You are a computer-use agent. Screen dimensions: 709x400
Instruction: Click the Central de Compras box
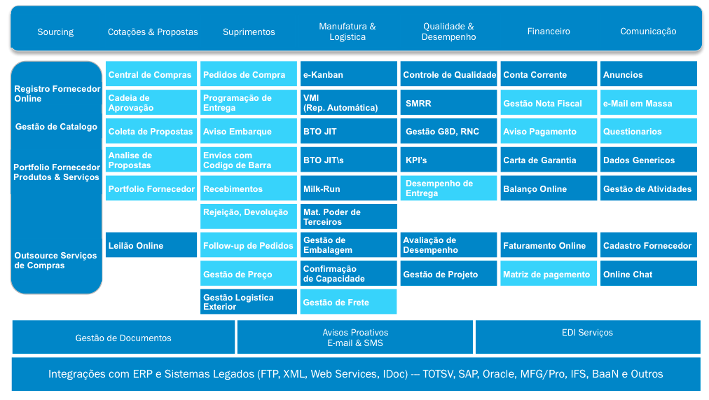[x=151, y=74]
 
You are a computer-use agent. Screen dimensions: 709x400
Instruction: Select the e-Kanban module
[x=349, y=74]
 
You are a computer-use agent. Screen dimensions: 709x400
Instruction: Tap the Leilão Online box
[x=151, y=245]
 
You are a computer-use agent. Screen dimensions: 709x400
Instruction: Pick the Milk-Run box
[x=349, y=188]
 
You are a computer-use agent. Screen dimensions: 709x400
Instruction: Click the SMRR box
[x=448, y=102]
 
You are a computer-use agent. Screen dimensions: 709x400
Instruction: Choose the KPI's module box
[x=448, y=160]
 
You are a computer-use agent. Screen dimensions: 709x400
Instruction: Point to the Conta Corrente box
[x=549, y=74]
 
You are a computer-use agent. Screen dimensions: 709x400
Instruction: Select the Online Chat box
[x=649, y=273]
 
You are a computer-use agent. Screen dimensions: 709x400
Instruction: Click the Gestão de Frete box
[x=349, y=301]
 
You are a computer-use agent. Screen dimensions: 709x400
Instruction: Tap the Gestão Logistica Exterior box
[x=249, y=301]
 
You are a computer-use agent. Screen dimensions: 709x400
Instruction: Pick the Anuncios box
[x=649, y=74]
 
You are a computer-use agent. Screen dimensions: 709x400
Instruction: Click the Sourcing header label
[x=55, y=32]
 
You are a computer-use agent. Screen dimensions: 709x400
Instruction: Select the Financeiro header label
[x=549, y=32]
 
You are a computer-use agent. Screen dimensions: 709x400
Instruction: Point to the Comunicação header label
[x=649, y=32]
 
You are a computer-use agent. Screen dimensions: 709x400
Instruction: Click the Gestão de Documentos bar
[x=123, y=337]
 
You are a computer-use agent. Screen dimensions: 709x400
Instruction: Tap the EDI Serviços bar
[x=588, y=337]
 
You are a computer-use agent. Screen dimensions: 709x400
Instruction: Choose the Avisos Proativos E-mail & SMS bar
[x=355, y=337]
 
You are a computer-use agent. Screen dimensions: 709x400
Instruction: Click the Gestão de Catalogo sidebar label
[x=56, y=127]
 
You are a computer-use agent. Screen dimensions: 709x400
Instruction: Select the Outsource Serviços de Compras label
[x=55, y=261]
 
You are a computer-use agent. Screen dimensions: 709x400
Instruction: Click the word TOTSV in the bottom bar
[x=438, y=374]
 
